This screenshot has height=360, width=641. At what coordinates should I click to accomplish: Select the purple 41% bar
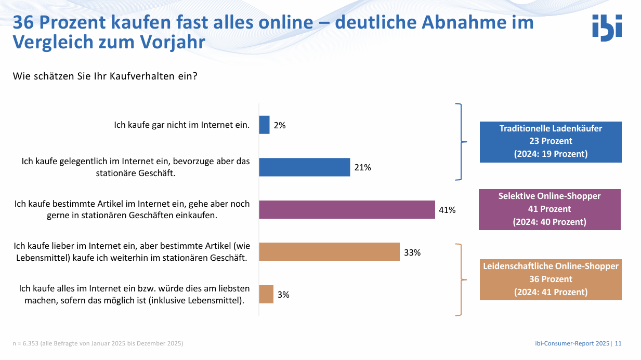(x=347, y=209)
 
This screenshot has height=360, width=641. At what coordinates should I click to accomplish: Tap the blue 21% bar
(x=305, y=167)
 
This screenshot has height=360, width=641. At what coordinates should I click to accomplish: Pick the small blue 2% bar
(x=264, y=125)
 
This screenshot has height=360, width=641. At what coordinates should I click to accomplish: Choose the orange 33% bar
(x=329, y=252)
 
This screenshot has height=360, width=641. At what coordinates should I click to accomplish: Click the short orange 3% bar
(x=266, y=294)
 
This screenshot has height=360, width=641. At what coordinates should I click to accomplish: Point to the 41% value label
(x=447, y=210)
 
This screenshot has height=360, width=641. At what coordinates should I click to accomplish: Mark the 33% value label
(x=412, y=252)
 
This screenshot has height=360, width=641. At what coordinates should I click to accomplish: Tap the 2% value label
(x=280, y=125)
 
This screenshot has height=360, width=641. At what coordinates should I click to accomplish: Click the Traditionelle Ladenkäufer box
(x=550, y=141)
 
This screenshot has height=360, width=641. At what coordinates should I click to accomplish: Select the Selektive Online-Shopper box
(x=550, y=209)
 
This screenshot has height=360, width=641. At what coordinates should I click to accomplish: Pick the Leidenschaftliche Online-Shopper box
(x=550, y=279)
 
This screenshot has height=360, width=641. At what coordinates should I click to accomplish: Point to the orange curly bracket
(x=460, y=279)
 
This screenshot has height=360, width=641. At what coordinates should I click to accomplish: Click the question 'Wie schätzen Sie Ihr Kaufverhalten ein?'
(x=105, y=76)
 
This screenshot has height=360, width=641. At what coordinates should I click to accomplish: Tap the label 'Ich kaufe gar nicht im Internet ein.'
(x=182, y=125)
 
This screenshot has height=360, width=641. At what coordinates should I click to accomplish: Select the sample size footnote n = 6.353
(x=98, y=343)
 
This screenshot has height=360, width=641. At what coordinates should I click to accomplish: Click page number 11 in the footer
(x=618, y=343)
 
